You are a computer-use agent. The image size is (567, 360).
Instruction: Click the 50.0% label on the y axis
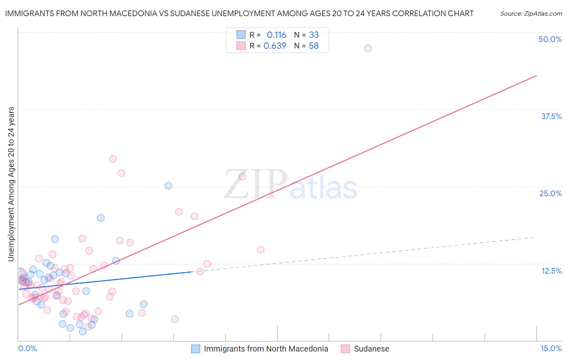(550, 39)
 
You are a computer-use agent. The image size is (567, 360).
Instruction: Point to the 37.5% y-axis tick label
(551, 116)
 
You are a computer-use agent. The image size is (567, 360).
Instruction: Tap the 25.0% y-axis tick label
(550, 193)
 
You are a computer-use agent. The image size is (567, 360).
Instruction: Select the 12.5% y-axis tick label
(551, 271)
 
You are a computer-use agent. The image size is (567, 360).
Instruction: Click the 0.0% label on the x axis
(27, 348)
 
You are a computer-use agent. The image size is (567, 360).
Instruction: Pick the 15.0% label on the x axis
(551, 348)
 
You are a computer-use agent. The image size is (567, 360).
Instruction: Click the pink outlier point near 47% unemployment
(368, 48)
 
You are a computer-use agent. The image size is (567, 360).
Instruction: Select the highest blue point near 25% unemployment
(168, 186)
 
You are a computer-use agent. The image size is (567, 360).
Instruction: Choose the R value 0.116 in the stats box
(276, 35)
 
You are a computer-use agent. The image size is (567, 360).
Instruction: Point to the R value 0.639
(275, 46)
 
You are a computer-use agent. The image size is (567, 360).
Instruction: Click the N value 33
(314, 35)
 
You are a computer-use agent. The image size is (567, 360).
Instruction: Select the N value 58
(314, 46)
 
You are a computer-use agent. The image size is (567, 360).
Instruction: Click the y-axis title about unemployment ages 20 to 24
(11, 184)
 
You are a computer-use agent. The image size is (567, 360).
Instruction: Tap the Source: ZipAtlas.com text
(531, 14)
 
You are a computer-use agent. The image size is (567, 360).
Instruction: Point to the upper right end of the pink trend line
(536, 75)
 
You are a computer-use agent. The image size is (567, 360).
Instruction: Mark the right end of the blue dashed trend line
(536, 237)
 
